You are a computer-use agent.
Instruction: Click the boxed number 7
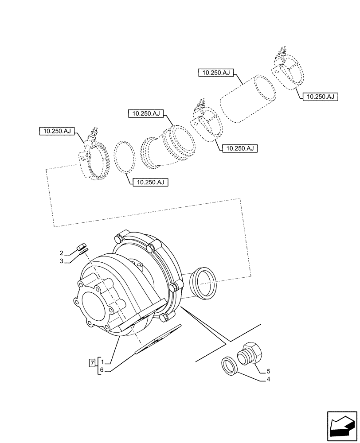click(92, 363)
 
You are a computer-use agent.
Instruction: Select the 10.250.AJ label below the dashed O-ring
click(150, 182)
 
